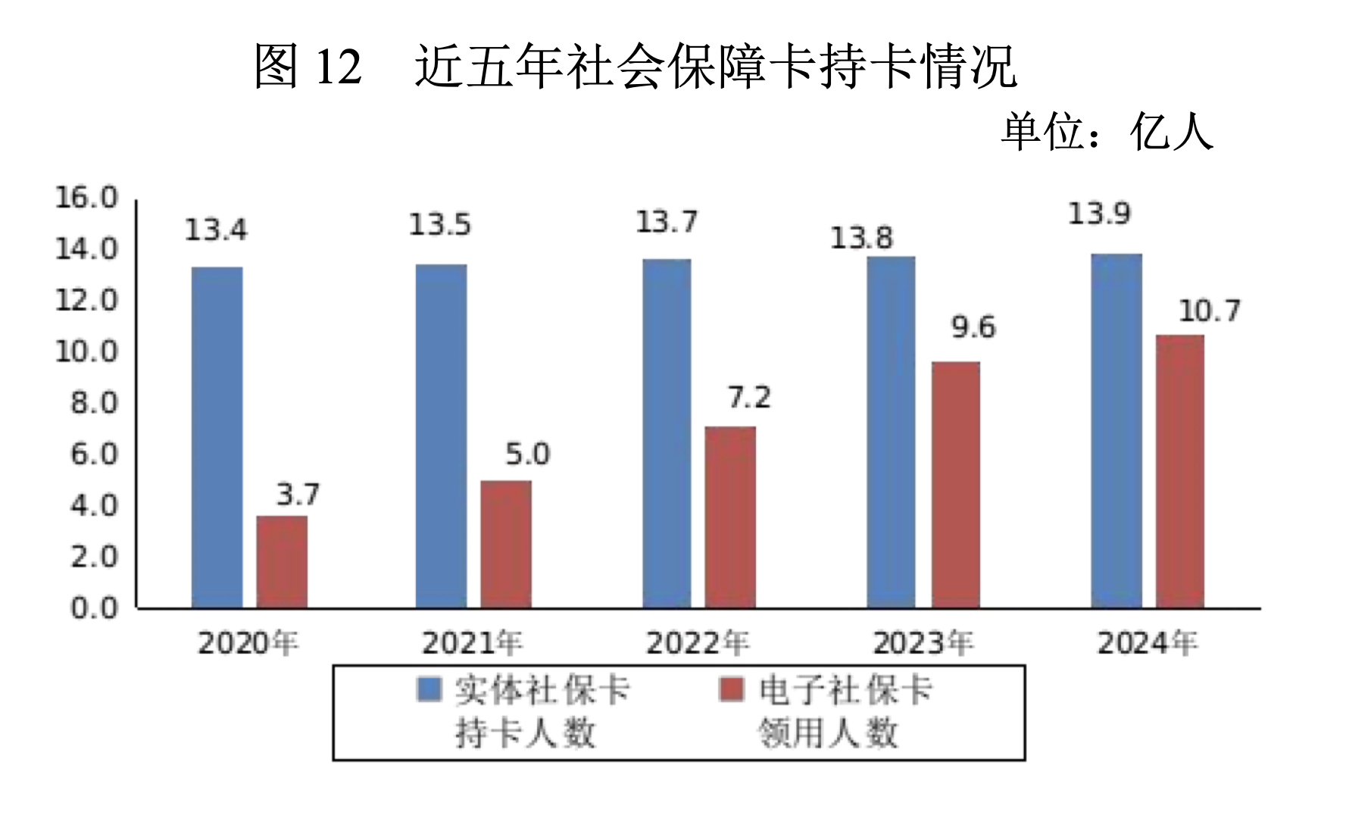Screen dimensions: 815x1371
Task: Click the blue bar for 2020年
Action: tap(217, 437)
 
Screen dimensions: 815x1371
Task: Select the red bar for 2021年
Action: tap(506, 544)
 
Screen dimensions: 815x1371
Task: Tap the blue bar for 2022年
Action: tap(667, 433)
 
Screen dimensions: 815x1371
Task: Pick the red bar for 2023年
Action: tap(955, 485)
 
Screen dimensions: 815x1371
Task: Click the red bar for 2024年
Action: tap(1179, 471)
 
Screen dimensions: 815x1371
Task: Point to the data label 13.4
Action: tap(216, 230)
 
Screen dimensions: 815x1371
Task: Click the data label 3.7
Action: tap(298, 495)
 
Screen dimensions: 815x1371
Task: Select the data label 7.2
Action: tap(749, 398)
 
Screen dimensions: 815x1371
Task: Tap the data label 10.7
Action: tap(1209, 311)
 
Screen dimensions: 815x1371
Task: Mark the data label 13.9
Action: tap(1099, 214)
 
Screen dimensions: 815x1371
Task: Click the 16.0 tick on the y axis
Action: tap(86, 198)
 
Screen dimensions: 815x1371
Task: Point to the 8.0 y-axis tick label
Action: tap(94, 403)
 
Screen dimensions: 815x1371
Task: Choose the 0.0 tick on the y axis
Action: tap(94, 607)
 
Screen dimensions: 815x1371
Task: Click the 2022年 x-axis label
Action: tap(697, 644)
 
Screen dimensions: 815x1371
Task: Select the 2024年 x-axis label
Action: tap(1147, 644)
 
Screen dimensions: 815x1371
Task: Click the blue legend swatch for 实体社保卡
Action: tap(429, 690)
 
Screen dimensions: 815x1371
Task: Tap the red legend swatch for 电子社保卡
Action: tap(731, 690)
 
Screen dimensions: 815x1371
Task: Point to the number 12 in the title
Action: tap(338, 67)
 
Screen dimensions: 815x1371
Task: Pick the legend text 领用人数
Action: tap(829, 732)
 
